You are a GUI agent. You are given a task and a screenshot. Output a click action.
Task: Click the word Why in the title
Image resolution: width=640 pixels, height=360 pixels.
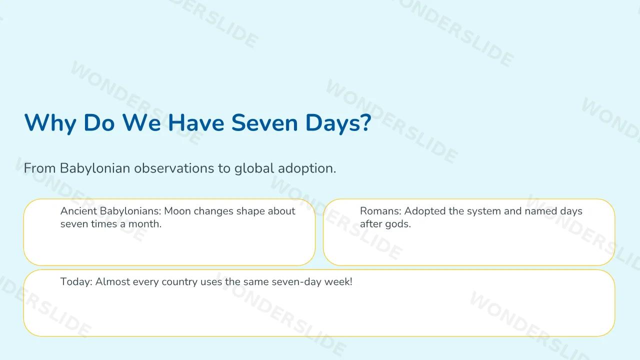[x=50, y=123]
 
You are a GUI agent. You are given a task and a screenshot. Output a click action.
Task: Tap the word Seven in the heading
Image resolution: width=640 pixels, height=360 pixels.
[x=264, y=123]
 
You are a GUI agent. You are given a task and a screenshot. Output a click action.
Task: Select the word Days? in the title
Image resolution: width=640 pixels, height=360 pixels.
[x=338, y=123]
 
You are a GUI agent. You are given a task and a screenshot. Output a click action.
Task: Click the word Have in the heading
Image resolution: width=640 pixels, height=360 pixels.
[x=196, y=123]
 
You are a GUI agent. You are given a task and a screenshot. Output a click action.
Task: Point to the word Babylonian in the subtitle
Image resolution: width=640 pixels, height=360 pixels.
[x=95, y=168]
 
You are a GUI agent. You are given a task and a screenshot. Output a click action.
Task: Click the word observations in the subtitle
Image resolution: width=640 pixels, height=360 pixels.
[x=174, y=168]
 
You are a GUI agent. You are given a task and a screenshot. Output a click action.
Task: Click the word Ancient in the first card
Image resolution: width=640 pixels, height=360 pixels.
[x=78, y=211]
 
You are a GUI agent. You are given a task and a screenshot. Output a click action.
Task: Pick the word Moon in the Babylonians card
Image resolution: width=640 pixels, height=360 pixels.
[x=177, y=211]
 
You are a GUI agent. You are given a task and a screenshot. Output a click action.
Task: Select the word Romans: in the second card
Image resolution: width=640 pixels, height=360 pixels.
[x=380, y=211]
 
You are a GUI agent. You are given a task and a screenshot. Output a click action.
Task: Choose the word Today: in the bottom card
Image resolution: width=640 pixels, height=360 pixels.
[x=76, y=281]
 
